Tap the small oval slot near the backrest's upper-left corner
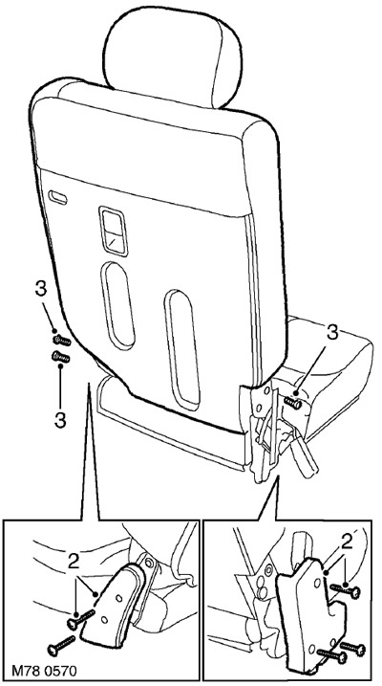57,197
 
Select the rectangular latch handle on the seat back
113,231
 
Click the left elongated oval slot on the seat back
117,305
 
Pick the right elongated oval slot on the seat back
182,350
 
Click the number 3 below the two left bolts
60,420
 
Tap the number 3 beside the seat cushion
332,333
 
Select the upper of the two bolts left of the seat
61,340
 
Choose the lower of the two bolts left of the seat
61,358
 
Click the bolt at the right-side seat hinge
293,402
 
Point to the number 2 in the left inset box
74,563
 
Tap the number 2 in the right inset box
347,542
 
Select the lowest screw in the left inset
61,646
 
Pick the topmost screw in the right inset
346,591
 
